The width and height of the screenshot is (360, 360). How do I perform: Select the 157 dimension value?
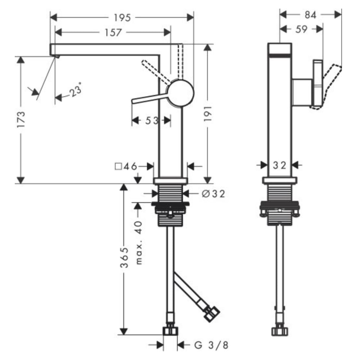tap(113, 32)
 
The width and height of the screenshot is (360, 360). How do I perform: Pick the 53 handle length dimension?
tap(152, 121)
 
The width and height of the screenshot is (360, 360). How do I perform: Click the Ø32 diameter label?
tap(213, 194)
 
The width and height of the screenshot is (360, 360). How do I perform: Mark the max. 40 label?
tap(139, 242)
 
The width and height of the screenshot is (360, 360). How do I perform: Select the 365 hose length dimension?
tap(124, 257)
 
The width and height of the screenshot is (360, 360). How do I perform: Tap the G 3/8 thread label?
tap(211, 345)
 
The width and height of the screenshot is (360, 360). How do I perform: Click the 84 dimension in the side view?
tap(310, 15)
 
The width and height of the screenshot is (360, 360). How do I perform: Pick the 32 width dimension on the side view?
tap(279, 165)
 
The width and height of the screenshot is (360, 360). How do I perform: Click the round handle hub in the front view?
tap(181, 93)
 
